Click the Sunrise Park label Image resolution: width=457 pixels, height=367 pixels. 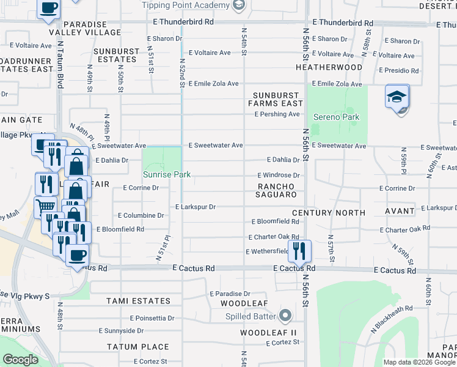(x=167, y=175)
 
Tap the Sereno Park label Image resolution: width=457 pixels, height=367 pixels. (x=336, y=117)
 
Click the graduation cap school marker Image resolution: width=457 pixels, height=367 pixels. (x=397, y=97)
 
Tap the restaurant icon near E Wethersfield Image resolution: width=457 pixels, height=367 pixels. (x=299, y=251)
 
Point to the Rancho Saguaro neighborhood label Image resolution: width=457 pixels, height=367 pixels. (x=277, y=190)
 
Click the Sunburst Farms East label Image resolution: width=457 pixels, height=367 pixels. (x=277, y=100)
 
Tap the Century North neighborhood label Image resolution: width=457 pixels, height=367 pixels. (x=328, y=213)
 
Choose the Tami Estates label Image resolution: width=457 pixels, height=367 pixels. (x=139, y=301)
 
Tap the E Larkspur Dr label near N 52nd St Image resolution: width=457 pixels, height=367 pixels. (x=196, y=207)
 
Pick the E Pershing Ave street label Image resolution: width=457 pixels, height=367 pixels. (x=277, y=114)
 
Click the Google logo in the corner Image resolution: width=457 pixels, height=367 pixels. (x=20, y=360)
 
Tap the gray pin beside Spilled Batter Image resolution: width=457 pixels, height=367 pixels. (x=284, y=316)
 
